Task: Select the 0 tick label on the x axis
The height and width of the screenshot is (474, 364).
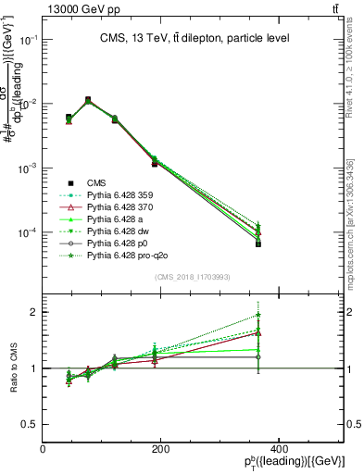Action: point(43,449)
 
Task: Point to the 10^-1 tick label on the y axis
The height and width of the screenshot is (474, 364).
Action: point(28,41)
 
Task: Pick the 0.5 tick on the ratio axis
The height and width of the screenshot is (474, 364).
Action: point(30,424)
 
